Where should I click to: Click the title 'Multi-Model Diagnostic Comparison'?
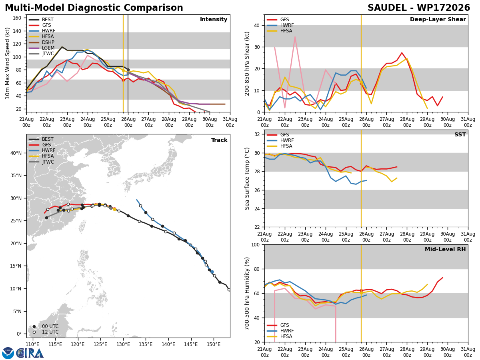tap(94, 8)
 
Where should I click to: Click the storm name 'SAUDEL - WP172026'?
tap(418, 8)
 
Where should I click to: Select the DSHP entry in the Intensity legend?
tap(42, 42)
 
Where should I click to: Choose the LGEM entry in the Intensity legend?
tap(42, 48)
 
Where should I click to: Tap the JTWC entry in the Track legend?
tap(42, 162)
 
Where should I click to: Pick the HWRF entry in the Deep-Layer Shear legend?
tap(280, 25)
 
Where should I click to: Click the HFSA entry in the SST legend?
tap(280, 146)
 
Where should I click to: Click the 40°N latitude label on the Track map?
tap(16, 153)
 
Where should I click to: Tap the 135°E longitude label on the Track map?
tap(146, 344)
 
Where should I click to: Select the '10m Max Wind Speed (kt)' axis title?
tap(7, 63)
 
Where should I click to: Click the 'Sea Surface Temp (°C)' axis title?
tap(247, 178)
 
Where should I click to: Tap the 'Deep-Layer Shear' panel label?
tap(438, 19)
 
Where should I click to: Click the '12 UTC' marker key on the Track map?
tap(46, 332)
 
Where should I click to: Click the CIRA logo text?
tap(30, 353)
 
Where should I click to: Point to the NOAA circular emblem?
tap(8, 353)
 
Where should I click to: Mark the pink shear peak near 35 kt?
tap(295, 37)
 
